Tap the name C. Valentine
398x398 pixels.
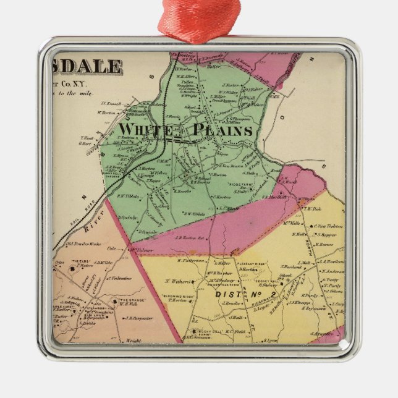tap(120, 278)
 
